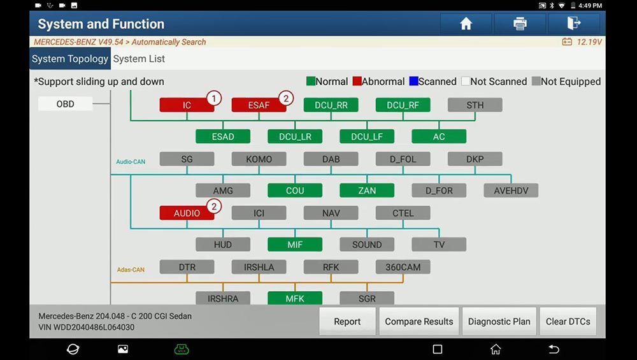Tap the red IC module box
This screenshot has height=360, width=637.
click(187, 105)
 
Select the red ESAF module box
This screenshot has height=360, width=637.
click(259, 105)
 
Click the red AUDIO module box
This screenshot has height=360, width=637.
click(187, 213)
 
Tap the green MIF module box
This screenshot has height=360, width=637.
click(295, 245)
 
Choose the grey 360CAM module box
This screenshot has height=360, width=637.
click(403, 267)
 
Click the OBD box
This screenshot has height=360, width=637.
click(66, 104)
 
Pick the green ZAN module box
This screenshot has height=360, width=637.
click(367, 191)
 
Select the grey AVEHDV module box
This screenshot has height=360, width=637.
click(511, 191)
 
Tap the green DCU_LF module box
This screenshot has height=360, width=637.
click(367, 136)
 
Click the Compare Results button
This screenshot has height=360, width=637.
click(419, 321)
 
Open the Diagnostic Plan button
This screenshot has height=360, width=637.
click(499, 321)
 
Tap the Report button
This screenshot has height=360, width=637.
click(347, 321)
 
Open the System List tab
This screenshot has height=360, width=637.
click(139, 59)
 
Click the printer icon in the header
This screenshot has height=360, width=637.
click(520, 24)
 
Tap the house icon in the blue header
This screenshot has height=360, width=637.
click(466, 24)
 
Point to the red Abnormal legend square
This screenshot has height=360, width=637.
click(357, 82)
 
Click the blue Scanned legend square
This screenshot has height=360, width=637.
click(413, 82)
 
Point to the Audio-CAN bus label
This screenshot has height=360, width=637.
click(131, 162)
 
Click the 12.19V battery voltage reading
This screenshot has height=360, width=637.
click(589, 42)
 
